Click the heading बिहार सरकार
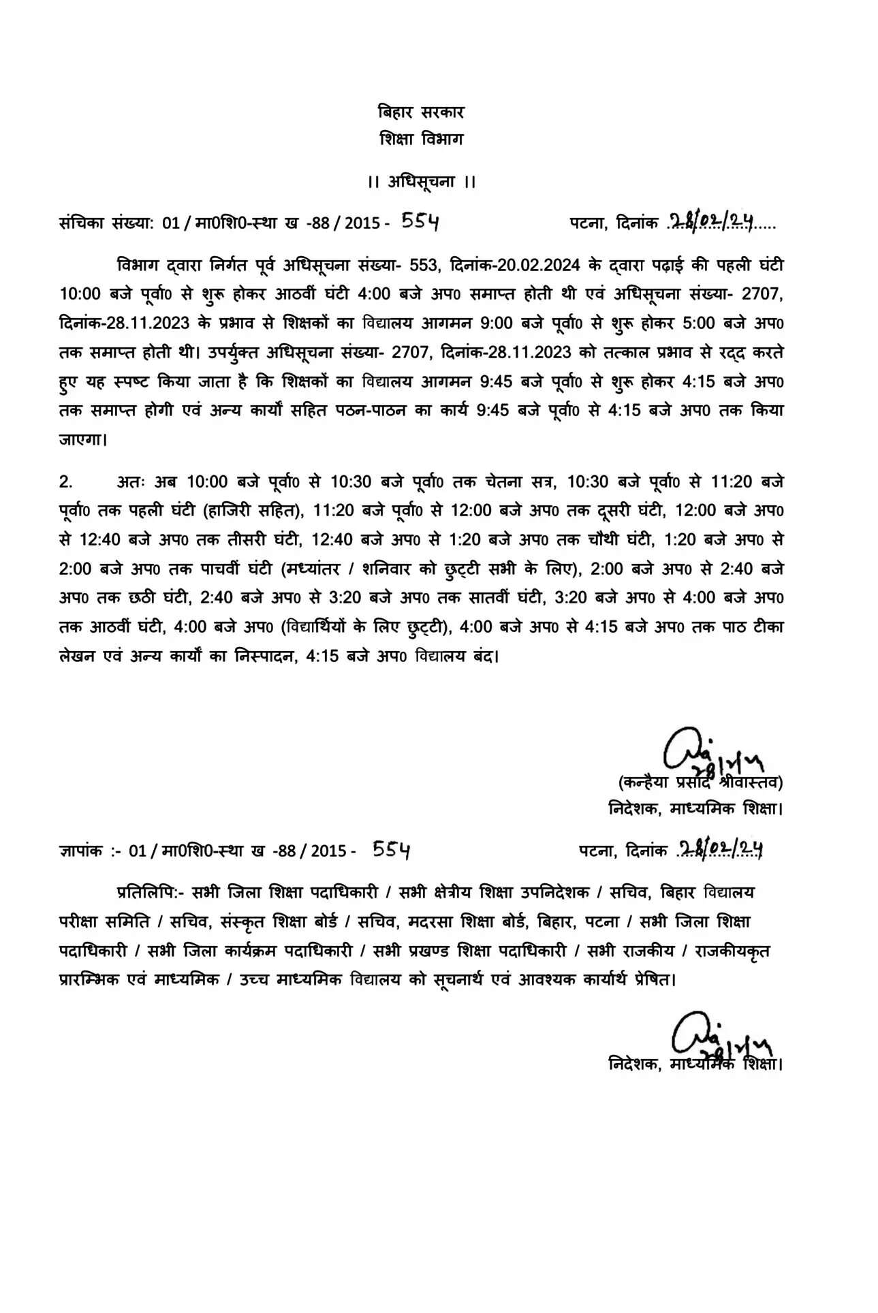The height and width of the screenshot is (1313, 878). click(421, 112)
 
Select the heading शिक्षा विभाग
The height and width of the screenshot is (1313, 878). click(421, 139)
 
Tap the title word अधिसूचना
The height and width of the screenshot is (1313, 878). click(422, 182)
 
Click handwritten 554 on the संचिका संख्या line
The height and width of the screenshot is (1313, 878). click(420, 221)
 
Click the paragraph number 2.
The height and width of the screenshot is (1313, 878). click(65, 482)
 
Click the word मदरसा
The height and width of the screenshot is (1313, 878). click(432, 921)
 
